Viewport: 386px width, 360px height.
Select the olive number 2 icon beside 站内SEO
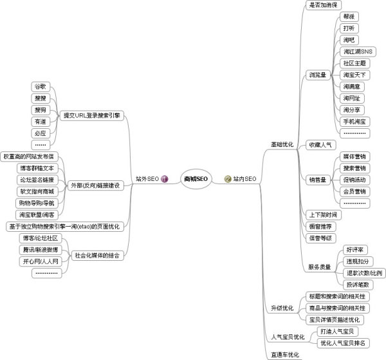(227, 178)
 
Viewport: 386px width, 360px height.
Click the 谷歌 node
(40, 86)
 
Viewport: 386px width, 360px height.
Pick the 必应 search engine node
(40, 133)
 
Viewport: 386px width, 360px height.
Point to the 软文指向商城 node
(37, 191)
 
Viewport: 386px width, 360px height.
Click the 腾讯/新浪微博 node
(40, 249)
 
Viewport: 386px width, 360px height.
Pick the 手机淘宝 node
(356, 121)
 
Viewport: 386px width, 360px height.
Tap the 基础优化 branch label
(282, 144)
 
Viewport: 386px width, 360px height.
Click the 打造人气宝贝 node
(340, 331)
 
